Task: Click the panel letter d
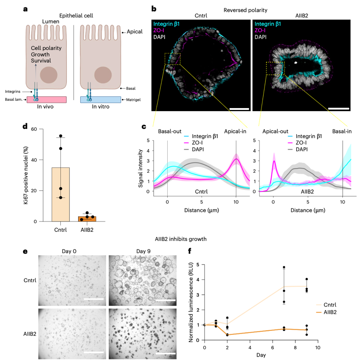(25, 127)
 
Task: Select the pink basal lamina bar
(46, 99)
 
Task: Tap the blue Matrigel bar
(101, 99)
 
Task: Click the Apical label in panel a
(135, 32)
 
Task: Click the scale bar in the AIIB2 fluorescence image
(336, 108)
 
